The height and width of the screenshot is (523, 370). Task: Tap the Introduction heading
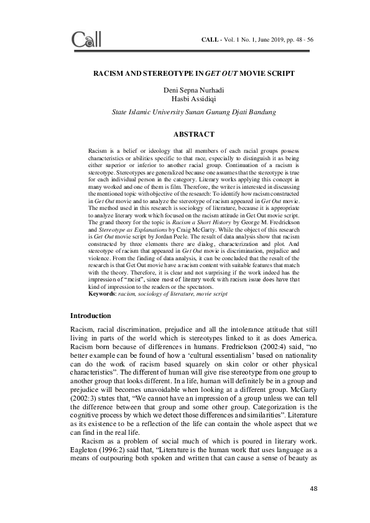click(x=95, y=316)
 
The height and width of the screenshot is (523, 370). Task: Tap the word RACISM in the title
click(x=108, y=73)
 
